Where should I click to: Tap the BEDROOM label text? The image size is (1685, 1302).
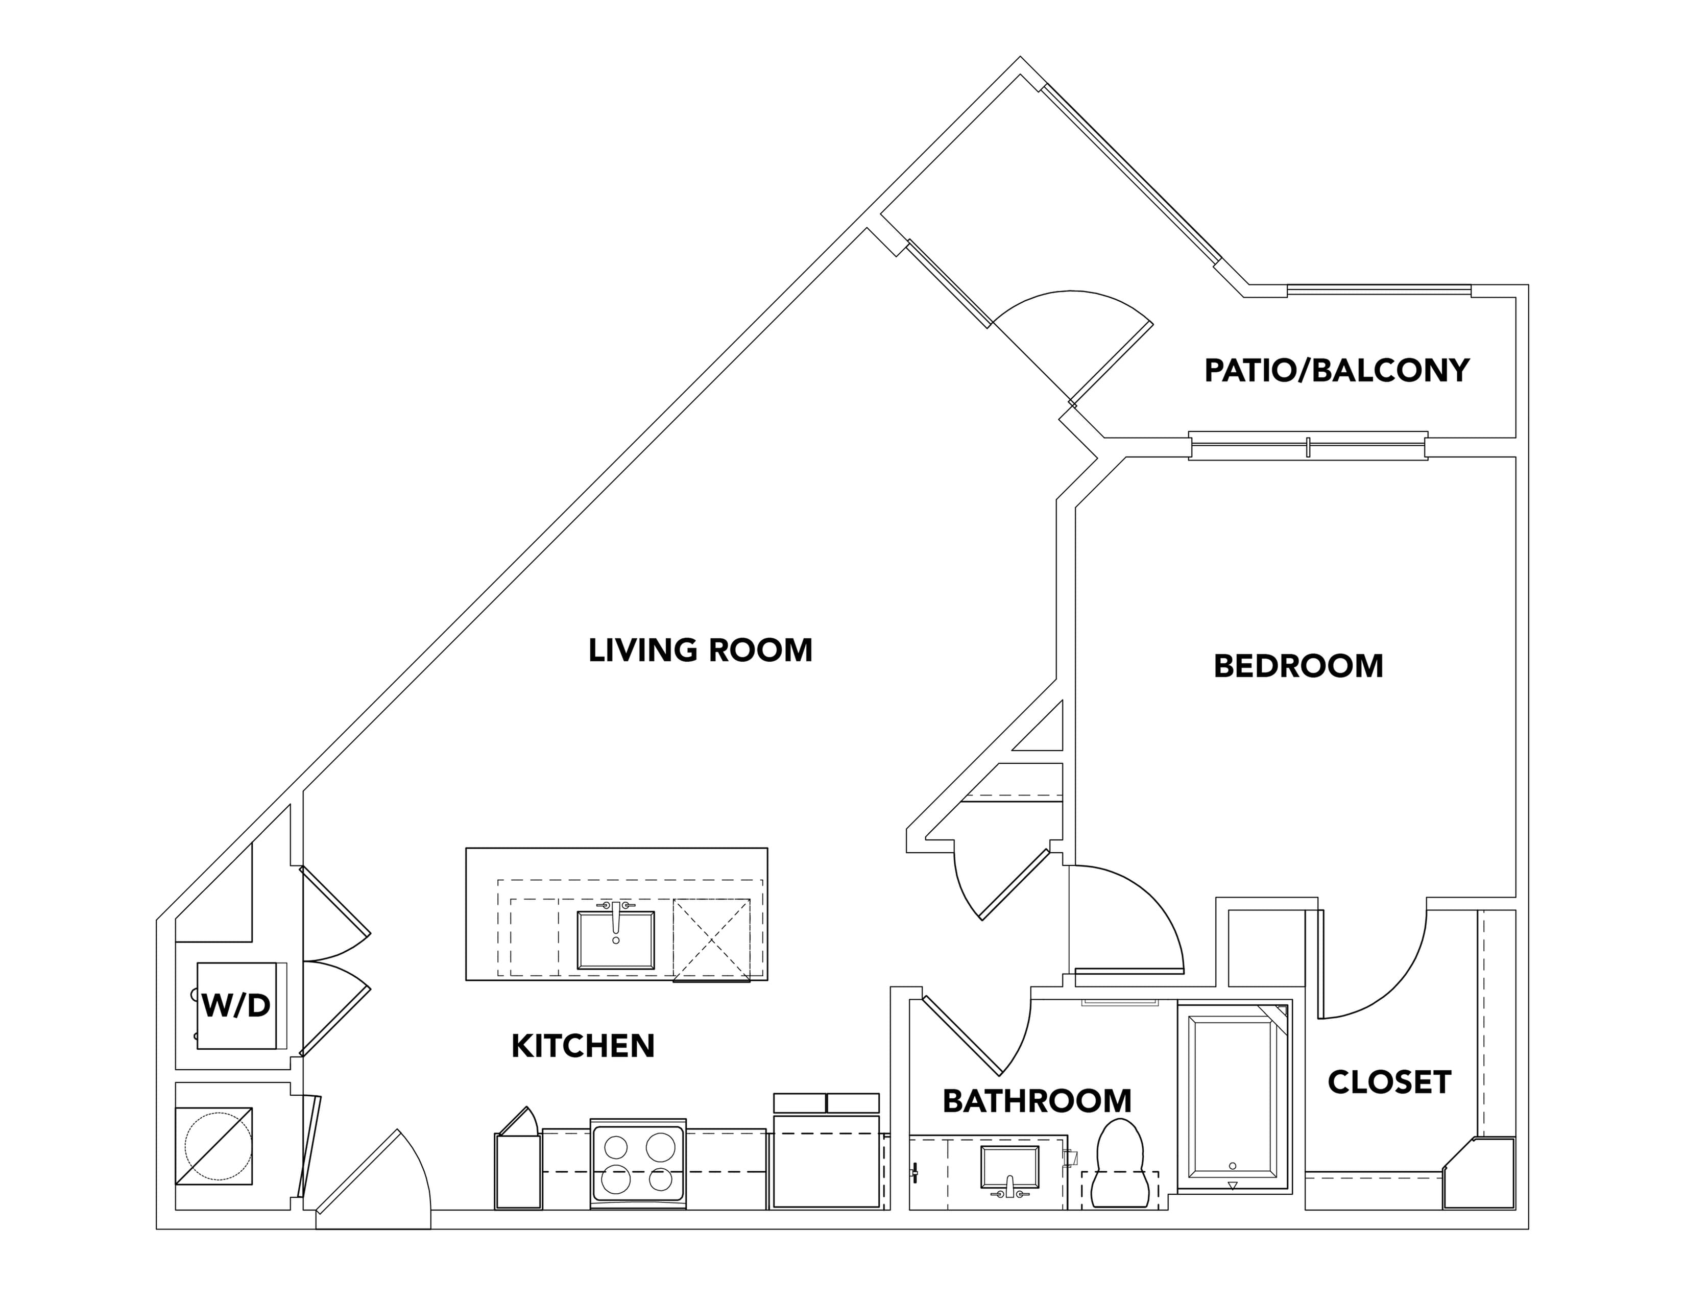coord(1298,666)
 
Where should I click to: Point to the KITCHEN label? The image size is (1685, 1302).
coord(583,1046)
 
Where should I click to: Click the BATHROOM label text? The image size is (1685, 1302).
coord(1037,1101)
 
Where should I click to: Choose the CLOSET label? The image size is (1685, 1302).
coord(1389,1082)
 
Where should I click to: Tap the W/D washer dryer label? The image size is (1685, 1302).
coord(236,1005)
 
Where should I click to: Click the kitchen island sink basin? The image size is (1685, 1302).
coord(616,939)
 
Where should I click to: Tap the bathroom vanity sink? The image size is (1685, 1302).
coord(1009,1166)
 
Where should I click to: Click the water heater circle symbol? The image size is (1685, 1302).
coord(219,1146)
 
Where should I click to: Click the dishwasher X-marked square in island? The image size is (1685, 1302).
coord(711,939)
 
